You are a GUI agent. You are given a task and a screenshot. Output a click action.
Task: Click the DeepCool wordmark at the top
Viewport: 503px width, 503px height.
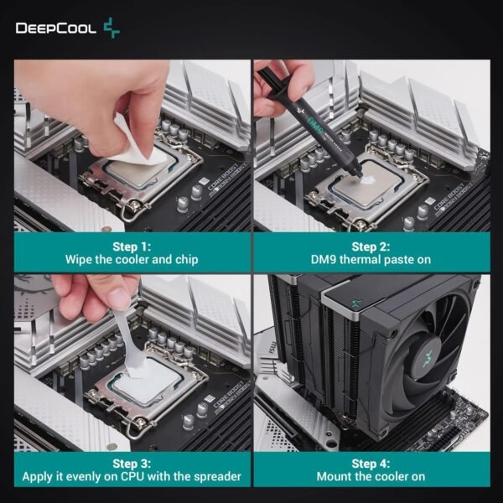click(55, 29)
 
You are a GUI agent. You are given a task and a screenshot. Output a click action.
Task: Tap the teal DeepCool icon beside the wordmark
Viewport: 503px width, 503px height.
click(111, 29)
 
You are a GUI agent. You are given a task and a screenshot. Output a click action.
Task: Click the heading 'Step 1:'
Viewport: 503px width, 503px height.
click(132, 246)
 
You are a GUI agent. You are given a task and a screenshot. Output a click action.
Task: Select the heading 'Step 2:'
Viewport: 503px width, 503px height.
click(371, 246)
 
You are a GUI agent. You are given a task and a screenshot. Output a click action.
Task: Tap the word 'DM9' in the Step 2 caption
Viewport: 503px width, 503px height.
click(323, 260)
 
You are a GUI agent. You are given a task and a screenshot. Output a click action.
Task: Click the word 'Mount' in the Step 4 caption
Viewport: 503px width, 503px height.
click(335, 477)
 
